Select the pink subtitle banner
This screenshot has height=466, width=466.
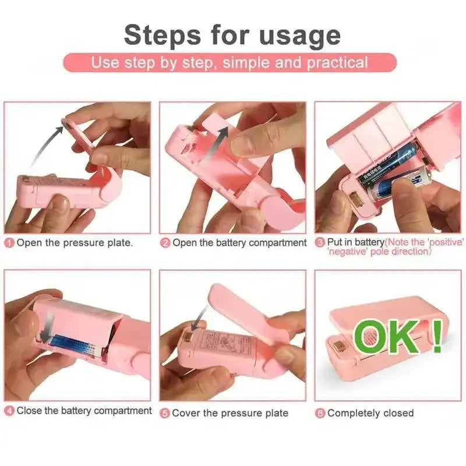230,62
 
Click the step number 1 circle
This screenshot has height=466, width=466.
9,243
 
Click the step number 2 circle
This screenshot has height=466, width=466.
165,243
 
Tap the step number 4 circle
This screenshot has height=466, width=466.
9,411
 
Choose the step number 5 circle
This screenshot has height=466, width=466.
165,413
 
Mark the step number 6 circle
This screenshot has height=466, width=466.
320,413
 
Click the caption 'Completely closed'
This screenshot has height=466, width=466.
370,413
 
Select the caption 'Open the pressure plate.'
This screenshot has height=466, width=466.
75,243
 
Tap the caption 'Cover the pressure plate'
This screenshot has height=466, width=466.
230,413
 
